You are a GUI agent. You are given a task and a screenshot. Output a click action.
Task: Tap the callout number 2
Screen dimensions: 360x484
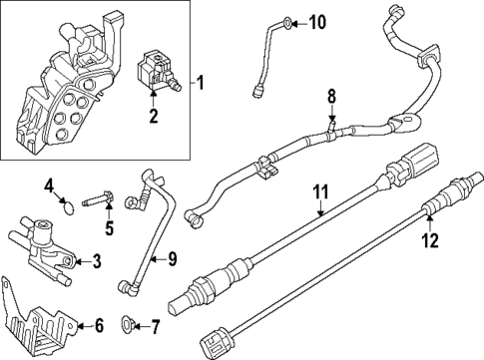153,118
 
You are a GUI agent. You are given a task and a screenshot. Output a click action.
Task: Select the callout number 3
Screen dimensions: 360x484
97,262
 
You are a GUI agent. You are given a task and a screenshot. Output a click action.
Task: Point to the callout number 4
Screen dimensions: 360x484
48,184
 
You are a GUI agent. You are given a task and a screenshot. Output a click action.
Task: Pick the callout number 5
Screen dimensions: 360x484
109,228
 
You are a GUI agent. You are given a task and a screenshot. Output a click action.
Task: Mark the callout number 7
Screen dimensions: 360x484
154,325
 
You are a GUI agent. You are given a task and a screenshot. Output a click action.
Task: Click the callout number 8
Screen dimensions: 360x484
334,98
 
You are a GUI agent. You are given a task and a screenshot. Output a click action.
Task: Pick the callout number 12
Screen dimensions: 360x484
431,239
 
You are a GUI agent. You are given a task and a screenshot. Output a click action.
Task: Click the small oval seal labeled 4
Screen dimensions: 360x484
67,207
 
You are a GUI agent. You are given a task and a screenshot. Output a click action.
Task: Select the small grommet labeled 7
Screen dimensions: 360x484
126,325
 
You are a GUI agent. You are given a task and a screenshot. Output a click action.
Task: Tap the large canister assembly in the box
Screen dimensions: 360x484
60,90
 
